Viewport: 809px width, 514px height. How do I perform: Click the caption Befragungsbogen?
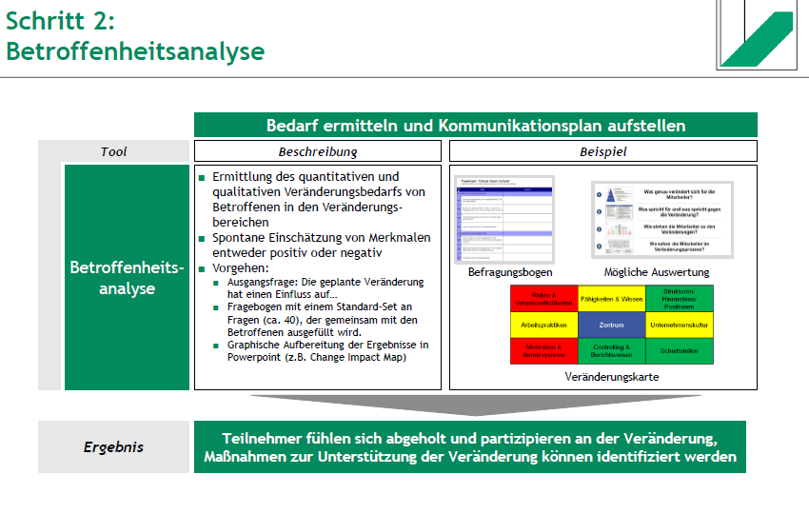tap(504, 272)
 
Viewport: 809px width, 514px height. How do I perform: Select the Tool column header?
tap(113, 151)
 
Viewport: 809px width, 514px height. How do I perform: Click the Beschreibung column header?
tap(318, 151)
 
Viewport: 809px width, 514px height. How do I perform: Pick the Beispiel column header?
tap(603, 151)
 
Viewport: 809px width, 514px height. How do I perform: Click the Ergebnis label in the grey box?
tap(113, 446)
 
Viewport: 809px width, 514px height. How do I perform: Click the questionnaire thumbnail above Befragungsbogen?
tap(504, 220)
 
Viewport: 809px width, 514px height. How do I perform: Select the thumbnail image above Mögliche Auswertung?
tap(663, 220)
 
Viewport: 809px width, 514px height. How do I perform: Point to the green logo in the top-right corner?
tap(760, 38)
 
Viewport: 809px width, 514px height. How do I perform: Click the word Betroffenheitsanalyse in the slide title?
tap(135, 50)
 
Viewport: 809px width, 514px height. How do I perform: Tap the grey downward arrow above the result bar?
tap(475, 404)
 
